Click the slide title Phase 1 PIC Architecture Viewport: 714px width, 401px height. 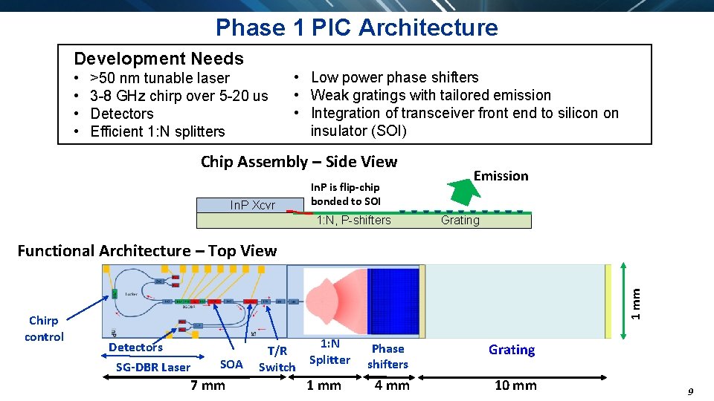pos(356,27)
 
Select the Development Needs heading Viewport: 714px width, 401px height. pos(158,59)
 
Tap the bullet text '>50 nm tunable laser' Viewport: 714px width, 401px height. pos(159,78)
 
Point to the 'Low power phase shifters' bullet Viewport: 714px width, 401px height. pos(394,77)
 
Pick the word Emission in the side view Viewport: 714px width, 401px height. pos(501,176)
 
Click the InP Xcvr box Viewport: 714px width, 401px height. pos(252,206)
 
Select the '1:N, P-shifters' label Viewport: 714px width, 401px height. pos(353,220)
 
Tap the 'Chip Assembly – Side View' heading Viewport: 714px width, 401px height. pos(299,161)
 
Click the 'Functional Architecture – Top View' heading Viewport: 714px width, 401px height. pos(147,251)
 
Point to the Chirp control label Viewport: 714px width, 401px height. pos(44,328)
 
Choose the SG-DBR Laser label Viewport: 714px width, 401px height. pos(153,367)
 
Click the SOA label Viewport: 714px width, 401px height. pos(231,364)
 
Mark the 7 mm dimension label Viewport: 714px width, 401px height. pos(208,385)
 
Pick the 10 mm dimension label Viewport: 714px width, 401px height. pos(515,385)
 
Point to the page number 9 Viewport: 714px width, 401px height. pos(690,391)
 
